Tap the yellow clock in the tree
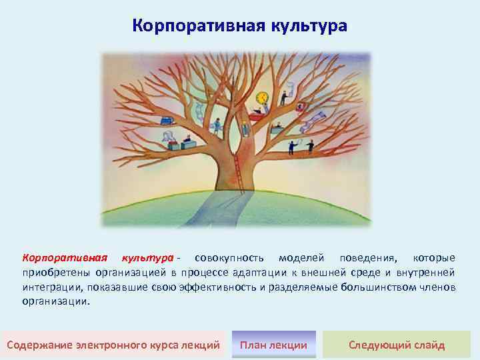[262, 97]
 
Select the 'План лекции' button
[273, 345]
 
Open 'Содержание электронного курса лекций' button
[113, 345]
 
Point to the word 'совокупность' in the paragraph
[225, 257]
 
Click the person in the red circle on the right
[301, 107]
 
